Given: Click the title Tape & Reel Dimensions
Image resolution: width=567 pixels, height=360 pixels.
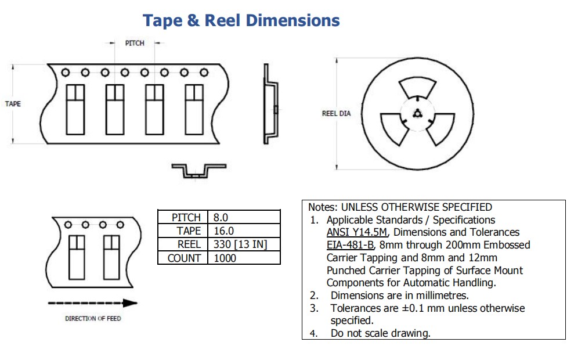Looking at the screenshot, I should pyautogui.click(x=241, y=20).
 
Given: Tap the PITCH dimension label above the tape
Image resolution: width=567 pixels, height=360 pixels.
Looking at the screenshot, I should pyautogui.click(x=135, y=43).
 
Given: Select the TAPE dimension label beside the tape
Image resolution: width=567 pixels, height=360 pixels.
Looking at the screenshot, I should pyautogui.click(x=13, y=104).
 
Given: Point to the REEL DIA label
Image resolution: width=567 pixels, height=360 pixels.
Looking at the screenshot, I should pyautogui.click(x=336, y=114).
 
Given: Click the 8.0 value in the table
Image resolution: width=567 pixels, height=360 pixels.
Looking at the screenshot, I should pyautogui.click(x=221, y=218).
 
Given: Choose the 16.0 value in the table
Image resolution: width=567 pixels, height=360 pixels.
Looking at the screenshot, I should pyautogui.click(x=222, y=231).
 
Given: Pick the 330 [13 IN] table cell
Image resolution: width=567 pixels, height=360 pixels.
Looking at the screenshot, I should pyautogui.click(x=240, y=244).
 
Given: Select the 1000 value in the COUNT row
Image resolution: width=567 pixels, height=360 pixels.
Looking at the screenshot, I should pyautogui.click(x=225, y=258).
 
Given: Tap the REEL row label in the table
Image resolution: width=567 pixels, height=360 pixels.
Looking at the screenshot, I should pyautogui.click(x=189, y=244).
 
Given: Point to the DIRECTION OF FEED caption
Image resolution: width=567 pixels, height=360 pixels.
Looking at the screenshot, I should pyautogui.click(x=93, y=318).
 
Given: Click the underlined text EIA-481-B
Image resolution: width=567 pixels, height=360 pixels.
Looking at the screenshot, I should pyautogui.click(x=350, y=245).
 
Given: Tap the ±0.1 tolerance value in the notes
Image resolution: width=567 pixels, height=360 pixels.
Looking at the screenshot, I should pyautogui.click(x=416, y=308).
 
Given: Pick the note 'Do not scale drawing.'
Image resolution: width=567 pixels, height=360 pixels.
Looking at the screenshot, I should pyautogui.click(x=380, y=333).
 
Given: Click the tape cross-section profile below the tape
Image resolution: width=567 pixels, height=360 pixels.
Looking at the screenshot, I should pyautogui.click(x=198, y=171).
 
